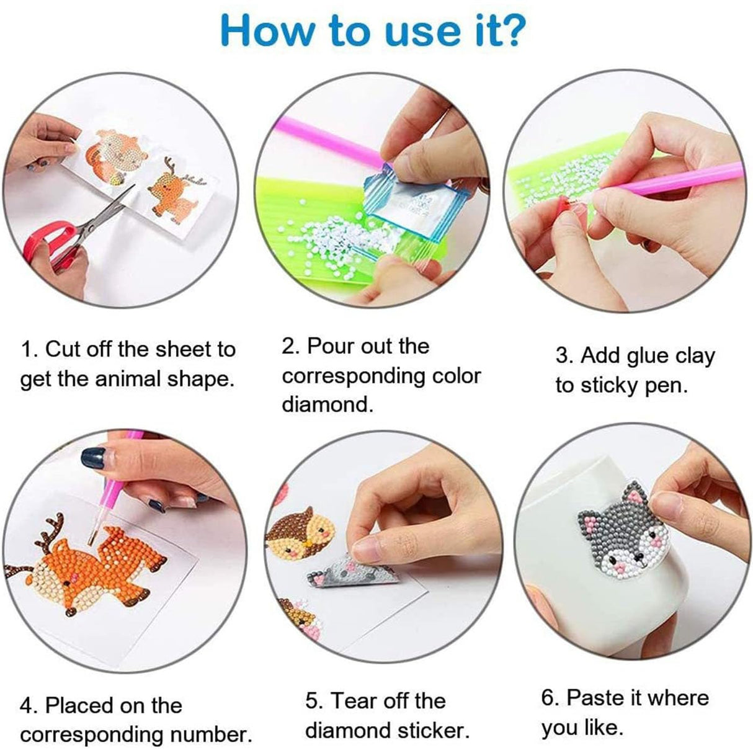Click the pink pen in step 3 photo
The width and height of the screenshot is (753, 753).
(x=676, y=183)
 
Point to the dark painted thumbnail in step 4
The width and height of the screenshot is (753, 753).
(x=94, y=458)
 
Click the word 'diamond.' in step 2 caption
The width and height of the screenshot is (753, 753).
(x=327, y=404)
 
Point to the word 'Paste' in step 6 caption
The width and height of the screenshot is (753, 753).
(x=595, y=697)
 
